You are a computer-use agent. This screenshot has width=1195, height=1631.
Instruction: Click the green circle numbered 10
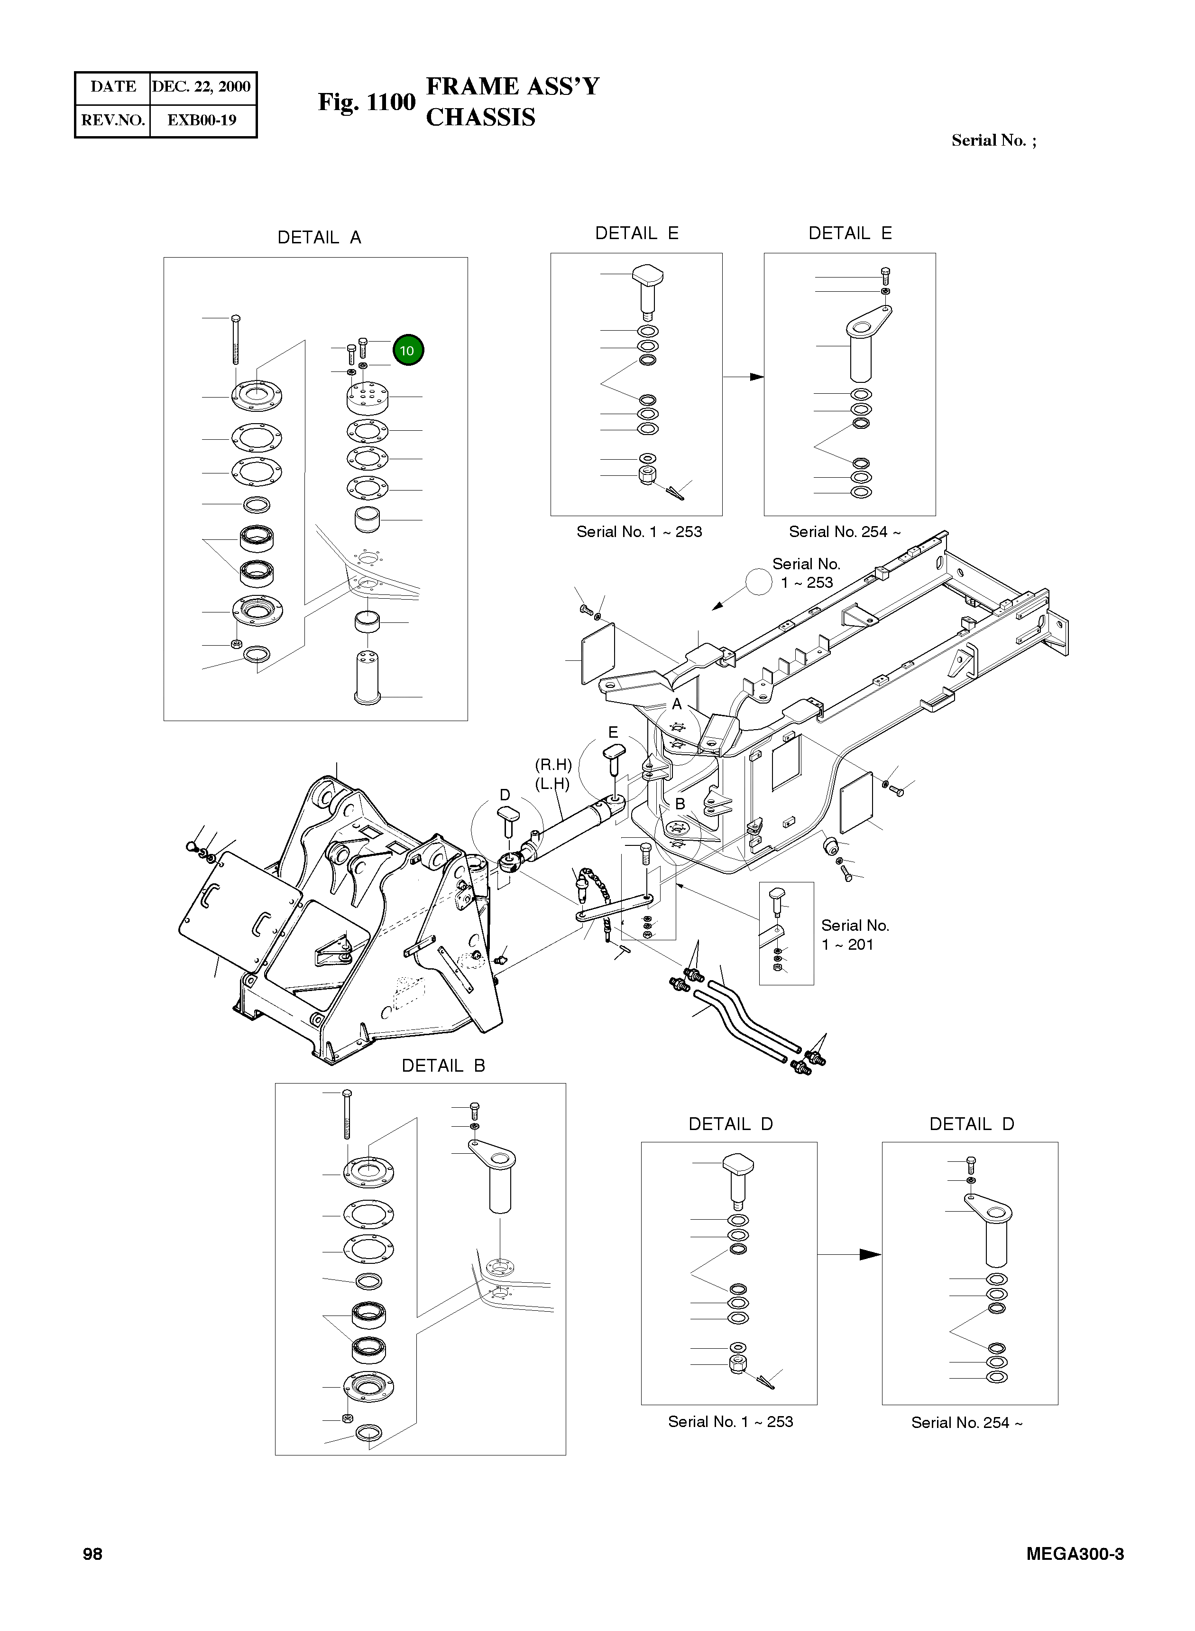click(408, 350)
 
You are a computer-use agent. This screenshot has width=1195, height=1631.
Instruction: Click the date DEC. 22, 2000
click(201, 87)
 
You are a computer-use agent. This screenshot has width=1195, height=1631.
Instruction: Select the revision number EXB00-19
click(201, 120)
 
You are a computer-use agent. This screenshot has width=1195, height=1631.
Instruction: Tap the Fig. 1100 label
click(367, 102)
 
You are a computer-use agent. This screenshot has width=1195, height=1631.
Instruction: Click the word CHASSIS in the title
click(480, 117)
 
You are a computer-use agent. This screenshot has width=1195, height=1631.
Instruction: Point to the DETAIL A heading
click(319, 237)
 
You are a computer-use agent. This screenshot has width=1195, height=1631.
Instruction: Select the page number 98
click(92, 1554)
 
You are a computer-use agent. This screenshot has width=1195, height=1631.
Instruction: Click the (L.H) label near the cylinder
click(552, 784)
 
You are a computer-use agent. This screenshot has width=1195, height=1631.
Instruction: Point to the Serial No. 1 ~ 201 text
click(855, 935)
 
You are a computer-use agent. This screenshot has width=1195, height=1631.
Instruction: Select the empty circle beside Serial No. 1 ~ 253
click(759, 582)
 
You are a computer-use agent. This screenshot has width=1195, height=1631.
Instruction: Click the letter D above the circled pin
click(505, 795)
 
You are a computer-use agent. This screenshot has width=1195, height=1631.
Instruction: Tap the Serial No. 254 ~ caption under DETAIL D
click(966, 1423)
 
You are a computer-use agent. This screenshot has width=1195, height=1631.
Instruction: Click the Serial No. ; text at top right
click(993, 140)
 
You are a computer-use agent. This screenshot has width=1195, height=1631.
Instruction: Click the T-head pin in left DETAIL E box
click(647, 289)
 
